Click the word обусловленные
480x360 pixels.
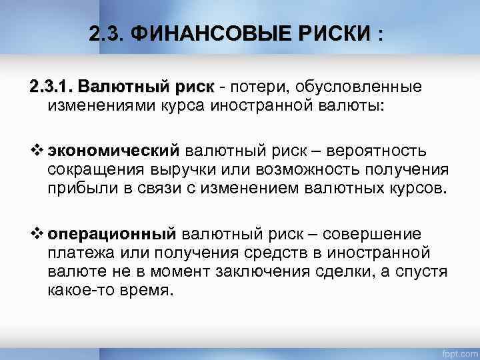(360, 87)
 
